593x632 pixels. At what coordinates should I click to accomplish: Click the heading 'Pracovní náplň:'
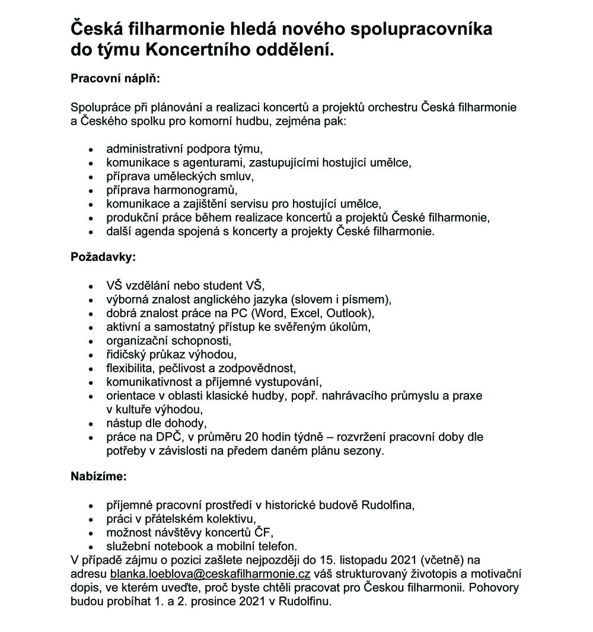pyautogui.click(x=116, y=78)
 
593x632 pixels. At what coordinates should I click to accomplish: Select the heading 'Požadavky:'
pyautogui.click(x=103, y=258)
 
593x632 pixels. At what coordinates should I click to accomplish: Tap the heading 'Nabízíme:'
pyautogui.click(x=99, y=476)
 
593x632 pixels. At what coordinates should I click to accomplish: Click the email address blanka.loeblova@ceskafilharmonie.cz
pyautogui.click(x=211, y=574)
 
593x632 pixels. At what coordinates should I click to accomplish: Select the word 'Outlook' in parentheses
pyautogui.click(x=352, y=312)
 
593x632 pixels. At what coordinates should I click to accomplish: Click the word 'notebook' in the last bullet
pyautogui.click(x=170, y=546)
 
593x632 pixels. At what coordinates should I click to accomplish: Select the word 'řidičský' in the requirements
pyautogui.click(x=126, y=355)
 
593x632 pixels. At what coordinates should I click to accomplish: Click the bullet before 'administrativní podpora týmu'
pyautogui.click(x=91, y=149)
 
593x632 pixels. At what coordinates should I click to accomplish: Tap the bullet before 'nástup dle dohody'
pyautogui.click(x=91, y=424)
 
